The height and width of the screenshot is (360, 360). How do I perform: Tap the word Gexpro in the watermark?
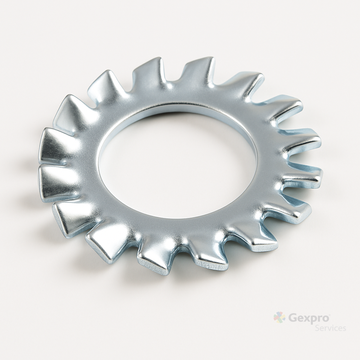coord(307,319)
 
